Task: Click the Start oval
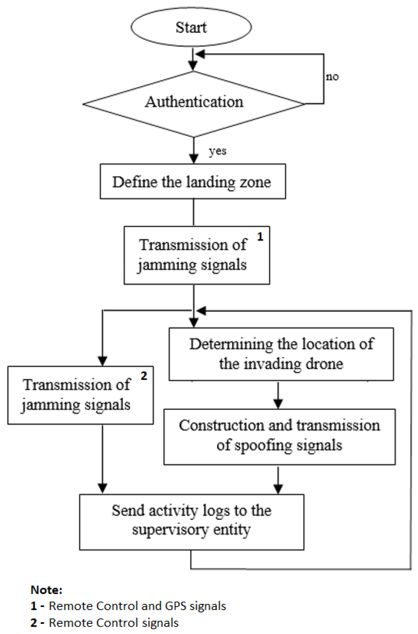coord(191,27)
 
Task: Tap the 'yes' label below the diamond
coord(217,151)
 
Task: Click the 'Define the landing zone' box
coord(193,182)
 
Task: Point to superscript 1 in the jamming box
coord(260,237)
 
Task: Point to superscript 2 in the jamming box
coord(144,376)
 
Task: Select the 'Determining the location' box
coord(281,354)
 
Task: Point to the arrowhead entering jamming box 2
coord(103,361)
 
